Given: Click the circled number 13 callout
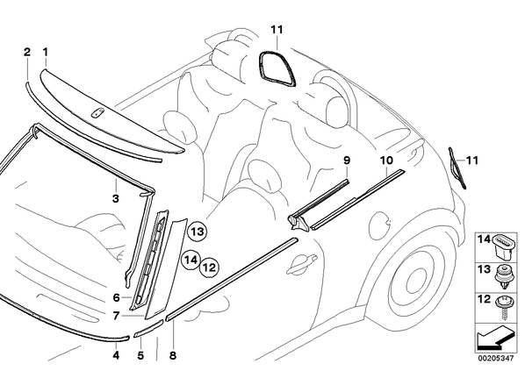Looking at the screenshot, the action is coord(198,232).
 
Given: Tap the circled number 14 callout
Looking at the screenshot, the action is coord(191,260).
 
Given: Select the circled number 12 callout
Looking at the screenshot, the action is coord(209,268).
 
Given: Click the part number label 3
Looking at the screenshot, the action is coord(116,199).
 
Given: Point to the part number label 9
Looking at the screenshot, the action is coord(347,161).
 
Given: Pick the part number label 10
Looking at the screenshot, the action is coord(386,161).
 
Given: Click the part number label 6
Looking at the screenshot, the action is coord(116,297).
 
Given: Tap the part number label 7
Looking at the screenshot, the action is coord(116,316).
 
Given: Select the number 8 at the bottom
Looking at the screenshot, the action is coord(173,355).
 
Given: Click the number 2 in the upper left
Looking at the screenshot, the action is coord(27,52).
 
